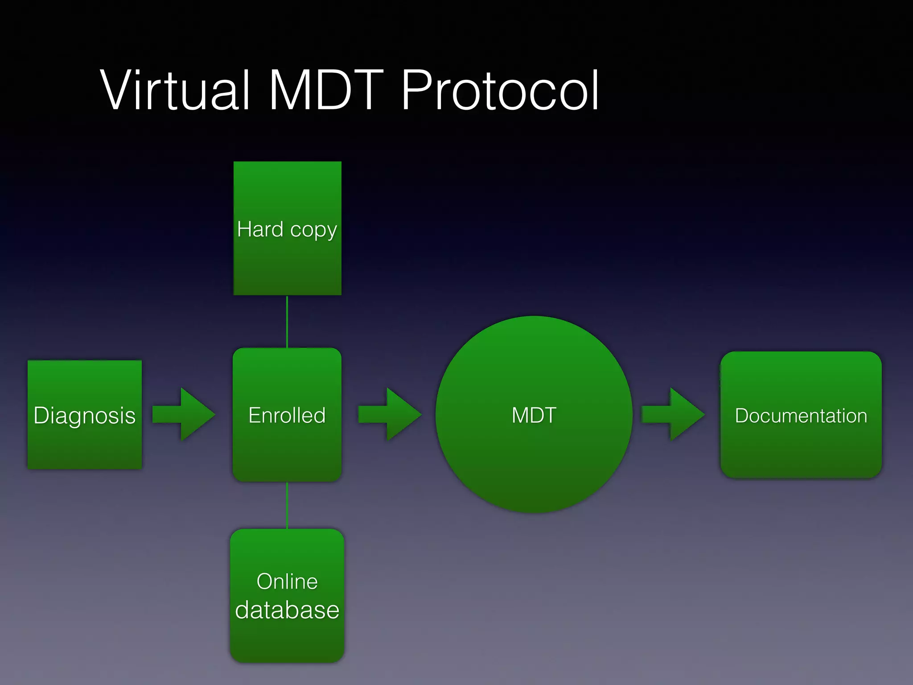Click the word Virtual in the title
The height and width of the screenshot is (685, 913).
[x=175, y=91]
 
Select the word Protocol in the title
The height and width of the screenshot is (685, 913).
[x=500, y=91]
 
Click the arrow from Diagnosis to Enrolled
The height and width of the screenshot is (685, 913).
[x=184, y=414]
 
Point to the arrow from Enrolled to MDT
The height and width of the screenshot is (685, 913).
[x=390, y=414]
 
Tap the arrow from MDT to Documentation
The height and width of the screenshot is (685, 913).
[x=673, y=414]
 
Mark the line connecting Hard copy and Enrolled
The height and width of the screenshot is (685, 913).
[x=287, y=322]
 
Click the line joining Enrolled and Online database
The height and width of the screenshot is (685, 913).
[x=287, y=505]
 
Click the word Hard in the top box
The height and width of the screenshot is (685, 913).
[x=260, y=229]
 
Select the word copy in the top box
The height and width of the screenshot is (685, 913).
[x=313, y=231]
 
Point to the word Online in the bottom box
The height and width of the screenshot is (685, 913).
[x=287, y=582]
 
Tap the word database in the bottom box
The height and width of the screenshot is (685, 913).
[x=287, y=610]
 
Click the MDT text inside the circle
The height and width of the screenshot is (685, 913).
[x=534, y=415]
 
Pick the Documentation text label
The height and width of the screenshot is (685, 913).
[x=801, y=416]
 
